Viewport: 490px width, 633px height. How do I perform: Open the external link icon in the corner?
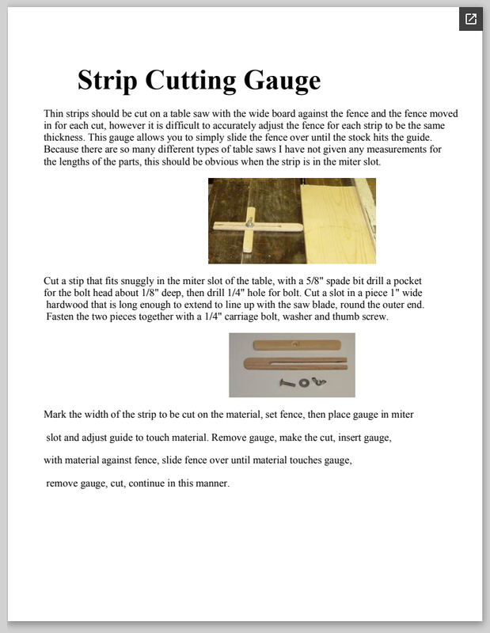(471, 19)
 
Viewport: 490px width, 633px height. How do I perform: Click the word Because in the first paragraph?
(64, 149)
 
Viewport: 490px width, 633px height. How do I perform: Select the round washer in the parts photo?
(304, 382)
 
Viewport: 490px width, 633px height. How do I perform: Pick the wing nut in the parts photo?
(320, 382)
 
